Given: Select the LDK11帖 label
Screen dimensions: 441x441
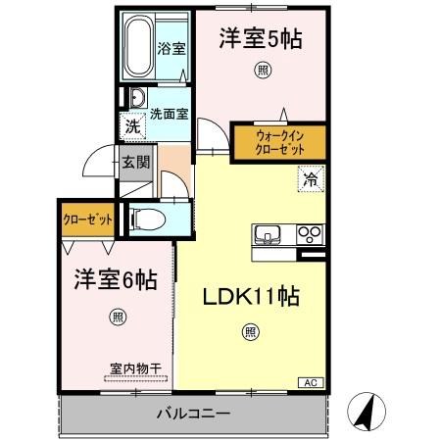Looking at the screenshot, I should click(x=251, y=295).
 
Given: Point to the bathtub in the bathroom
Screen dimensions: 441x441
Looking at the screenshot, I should click(x=139, y=46).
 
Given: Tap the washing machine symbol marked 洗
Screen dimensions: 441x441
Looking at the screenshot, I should click(x=131, y=125).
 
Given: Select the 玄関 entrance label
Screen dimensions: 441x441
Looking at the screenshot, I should click(x=135, y=163).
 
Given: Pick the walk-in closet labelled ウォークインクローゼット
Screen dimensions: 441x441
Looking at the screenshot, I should click(x=279, y=141).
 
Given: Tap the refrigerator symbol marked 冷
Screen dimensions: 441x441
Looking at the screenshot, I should click(x=309, y=179).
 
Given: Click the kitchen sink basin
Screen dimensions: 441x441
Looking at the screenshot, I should click(x=269, y=234).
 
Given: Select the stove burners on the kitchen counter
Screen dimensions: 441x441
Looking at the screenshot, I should click(x=310, y=234).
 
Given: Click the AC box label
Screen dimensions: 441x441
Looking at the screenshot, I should click(x=307, y=382).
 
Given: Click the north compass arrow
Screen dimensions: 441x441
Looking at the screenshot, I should click(x=366, y=410).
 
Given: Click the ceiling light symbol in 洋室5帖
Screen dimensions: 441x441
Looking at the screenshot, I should click(x=262, y=69).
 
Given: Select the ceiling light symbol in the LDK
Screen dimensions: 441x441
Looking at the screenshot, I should click(x=251, y=332).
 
